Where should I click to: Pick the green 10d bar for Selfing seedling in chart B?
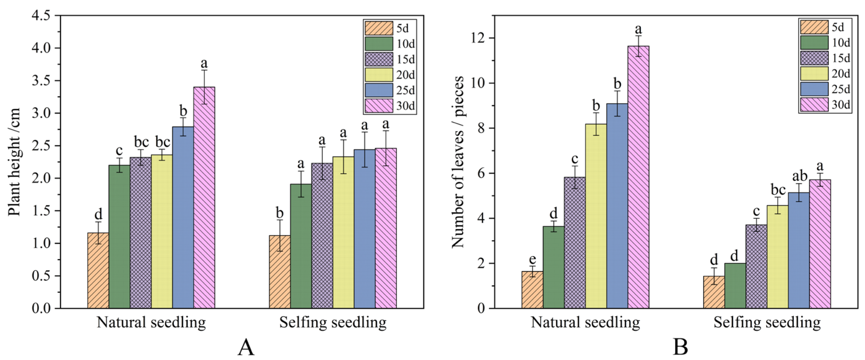(x=735, y=286)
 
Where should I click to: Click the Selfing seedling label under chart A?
(x=333, y=323)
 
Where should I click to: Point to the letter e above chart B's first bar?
(x=532, y=259)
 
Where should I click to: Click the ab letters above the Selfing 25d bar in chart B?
(x=800, y=176)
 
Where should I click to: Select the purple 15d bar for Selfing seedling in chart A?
(x=322, y=235)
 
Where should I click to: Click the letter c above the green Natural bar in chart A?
(x=119, y=151)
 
